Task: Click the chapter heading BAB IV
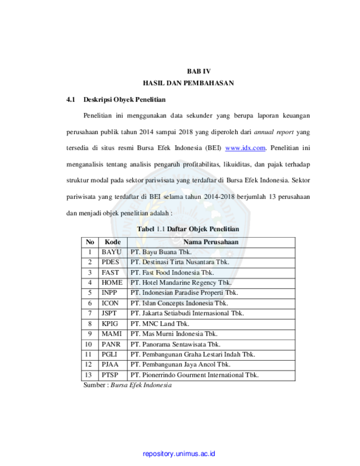199,71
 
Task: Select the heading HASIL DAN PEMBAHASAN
188,83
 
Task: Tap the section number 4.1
71,100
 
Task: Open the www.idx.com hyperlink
245,148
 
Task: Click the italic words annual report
274,132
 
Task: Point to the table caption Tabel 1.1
151,229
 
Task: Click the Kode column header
112,242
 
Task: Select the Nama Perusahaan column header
211,242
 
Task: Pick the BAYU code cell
112,252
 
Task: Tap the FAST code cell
110,273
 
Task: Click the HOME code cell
112,283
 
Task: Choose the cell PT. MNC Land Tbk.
160,324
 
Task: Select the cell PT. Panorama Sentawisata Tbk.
175,344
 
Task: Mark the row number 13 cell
89,375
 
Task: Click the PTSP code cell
110,375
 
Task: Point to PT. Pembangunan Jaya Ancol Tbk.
181,365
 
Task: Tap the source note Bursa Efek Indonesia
141,385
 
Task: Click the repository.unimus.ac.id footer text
179,454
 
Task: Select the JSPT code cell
109,313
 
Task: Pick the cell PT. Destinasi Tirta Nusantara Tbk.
179,262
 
